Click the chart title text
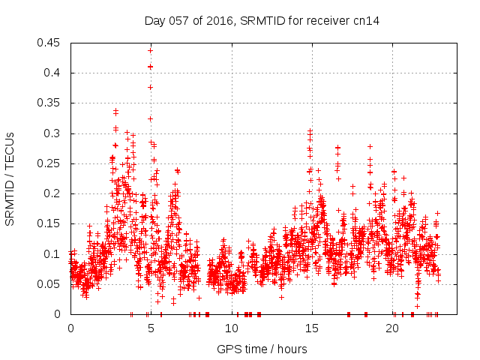[262, 20]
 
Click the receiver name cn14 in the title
[367, 20]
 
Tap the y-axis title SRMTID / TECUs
[10, 178]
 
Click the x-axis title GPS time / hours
[262, 349]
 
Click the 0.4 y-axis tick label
[54, 73]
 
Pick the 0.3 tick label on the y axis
[54, 133]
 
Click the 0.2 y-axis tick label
[54, 193]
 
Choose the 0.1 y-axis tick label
[54, 254]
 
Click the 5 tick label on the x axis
[151, 328]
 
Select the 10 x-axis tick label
[231, 328]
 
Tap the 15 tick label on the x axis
[311, 328]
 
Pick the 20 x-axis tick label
[391, 328]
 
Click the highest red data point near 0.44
[151, 50]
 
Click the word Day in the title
[154, 20]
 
